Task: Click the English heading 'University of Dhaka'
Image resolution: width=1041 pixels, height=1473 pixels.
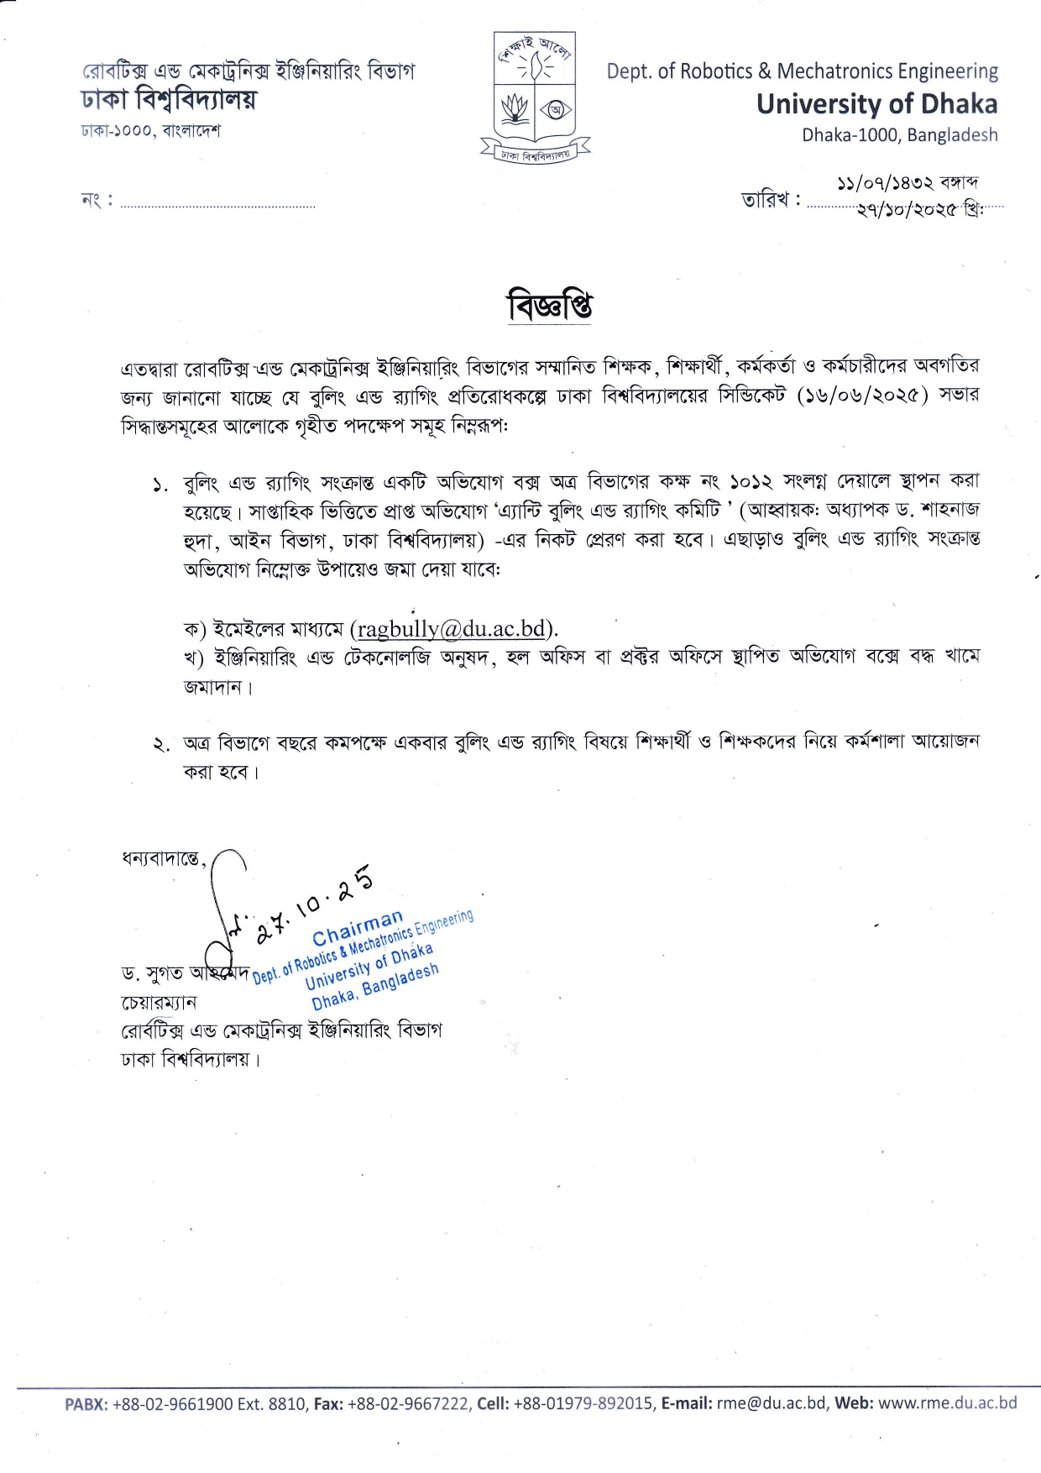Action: (876, 104)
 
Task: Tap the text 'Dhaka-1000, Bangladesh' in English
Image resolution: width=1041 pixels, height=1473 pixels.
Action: (899, 135)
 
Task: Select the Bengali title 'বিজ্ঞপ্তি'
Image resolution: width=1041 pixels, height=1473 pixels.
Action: (550, 307)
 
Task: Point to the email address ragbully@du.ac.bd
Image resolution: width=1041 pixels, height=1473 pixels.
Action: (452, 628)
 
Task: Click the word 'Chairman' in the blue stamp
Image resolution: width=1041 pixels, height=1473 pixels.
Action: (358, 928)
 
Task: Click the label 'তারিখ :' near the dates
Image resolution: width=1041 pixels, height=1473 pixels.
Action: (771, 201)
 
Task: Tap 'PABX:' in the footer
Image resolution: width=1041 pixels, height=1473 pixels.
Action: (86, 1403)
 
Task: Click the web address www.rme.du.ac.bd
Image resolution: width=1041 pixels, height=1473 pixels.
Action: (947, 1402)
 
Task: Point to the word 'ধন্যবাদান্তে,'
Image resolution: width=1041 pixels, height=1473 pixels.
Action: (165, 859)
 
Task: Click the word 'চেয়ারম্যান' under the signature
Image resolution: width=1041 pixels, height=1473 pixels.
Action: (160, 1003)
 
